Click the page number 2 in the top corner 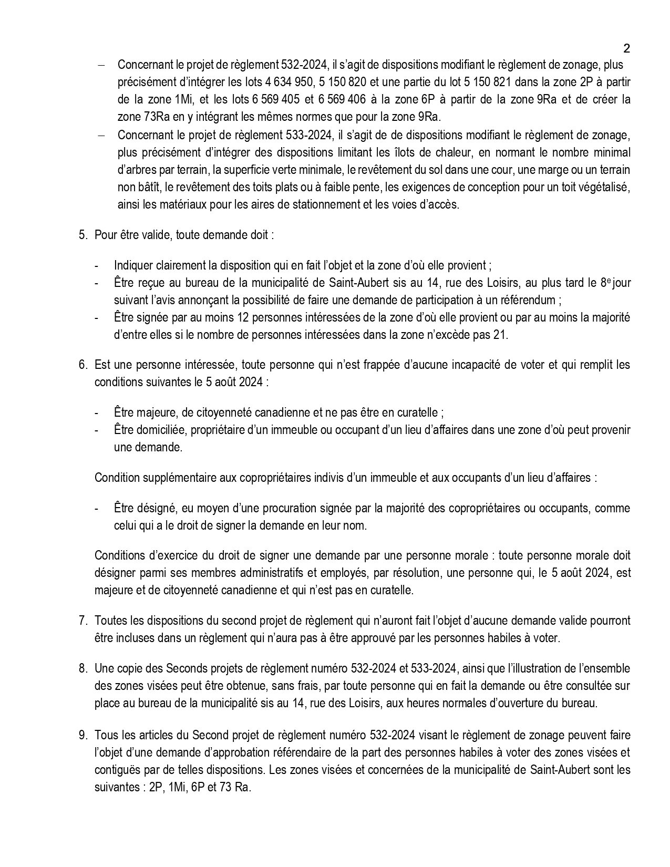626,49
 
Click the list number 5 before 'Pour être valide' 83,235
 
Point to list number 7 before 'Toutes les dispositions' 83,621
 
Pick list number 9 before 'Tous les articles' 83,735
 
